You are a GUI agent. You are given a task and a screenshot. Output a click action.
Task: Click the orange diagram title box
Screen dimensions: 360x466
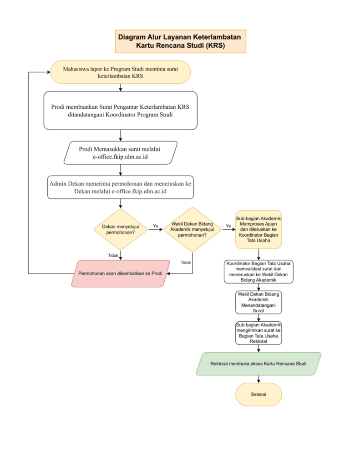pyautogui.click(x=180, y=41)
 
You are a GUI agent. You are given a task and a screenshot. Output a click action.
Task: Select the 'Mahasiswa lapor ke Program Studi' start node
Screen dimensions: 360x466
pyautogui.click(x=121, y=72)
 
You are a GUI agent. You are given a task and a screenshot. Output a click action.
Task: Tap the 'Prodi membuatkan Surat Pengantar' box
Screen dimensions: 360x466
pyautogui.click(x=121, y=111)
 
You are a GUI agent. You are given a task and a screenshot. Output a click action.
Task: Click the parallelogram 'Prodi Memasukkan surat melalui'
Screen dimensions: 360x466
pyautogui.click(x=121, y=153)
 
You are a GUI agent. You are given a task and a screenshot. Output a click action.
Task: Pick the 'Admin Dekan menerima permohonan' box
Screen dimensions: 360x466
pyautogui.click(x=121, y=187)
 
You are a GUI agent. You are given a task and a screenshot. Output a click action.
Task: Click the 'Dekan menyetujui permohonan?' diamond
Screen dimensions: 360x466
pyautogui.click(x=121, y=229)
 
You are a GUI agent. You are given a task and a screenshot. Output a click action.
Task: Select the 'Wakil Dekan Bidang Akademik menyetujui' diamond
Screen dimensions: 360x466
pyautogui.click(x=193, y=229)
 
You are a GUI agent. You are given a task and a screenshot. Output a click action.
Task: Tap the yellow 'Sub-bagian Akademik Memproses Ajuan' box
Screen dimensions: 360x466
pyautogui.click(x=259, y=229)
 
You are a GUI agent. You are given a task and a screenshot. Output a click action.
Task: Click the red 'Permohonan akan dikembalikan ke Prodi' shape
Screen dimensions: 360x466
pyautogui.click(x=121, y=274)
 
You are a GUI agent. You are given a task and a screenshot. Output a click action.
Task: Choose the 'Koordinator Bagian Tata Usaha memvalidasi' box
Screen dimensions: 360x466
pyautogui.click(x=259, y=272)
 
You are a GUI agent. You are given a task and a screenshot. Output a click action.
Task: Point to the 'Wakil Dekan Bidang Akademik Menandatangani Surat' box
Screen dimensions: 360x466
pyautogui.click(x=259, y=302)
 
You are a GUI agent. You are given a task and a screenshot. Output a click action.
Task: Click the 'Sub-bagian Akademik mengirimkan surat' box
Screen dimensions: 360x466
pyautogui.click(x=259, y=333)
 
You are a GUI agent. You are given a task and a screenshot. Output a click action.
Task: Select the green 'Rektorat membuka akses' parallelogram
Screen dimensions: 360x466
pyautogui.click(x=259, y=364)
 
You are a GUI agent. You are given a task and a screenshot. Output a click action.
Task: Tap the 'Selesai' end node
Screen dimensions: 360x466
pyautogui.click(x=259, y=395)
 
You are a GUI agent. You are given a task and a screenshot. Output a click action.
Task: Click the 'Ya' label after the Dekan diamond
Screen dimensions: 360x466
pyautogui.click(x=155, y=226)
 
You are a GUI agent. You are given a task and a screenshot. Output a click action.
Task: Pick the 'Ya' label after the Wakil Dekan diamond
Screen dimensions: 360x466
pyautogui.click(x=228, y=226)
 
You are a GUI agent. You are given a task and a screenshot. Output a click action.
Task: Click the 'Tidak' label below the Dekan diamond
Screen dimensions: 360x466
pyautogui.click(x=113, y=255)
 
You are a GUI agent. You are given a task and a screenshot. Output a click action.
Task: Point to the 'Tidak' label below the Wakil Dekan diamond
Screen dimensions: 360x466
pyautogui.click(x=186, y=262)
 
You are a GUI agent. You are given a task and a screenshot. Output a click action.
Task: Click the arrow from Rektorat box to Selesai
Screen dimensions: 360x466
pyautogui.click(x=259, y=379)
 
